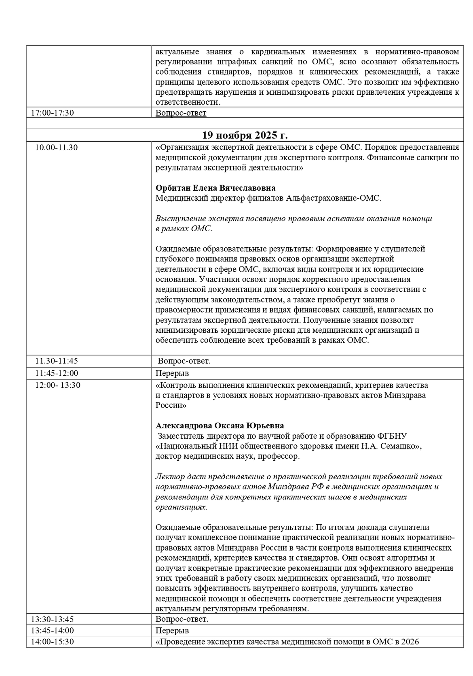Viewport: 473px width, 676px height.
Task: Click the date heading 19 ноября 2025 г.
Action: point(245,135)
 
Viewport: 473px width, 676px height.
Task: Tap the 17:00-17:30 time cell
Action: point(52,113)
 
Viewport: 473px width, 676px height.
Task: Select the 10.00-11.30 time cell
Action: point(56,147)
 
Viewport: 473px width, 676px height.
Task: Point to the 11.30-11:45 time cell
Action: point(56,361)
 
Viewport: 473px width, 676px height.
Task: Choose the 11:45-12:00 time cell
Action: point(56,373)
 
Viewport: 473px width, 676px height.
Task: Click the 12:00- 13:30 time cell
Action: point(57,385)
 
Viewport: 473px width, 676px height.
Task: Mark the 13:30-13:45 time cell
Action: point(52,619)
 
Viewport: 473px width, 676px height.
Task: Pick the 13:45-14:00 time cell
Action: point(52,630)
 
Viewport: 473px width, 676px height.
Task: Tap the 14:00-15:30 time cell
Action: point(52,642)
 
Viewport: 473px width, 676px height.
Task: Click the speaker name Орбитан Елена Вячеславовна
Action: point(215,188)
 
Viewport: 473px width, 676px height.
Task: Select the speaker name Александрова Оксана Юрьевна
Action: point(220,425)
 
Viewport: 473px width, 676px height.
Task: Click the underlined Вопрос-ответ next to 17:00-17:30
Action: point(181,113)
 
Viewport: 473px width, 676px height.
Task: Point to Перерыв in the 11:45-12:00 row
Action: point(172,373)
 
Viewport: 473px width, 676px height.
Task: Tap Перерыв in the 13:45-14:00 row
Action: point(172,630)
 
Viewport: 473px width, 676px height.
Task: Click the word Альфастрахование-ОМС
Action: point(334,198)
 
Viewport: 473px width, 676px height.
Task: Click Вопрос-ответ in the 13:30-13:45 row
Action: point(182,619)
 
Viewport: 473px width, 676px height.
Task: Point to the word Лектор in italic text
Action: point(169,476)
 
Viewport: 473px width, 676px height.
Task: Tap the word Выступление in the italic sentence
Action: point(179,219)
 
